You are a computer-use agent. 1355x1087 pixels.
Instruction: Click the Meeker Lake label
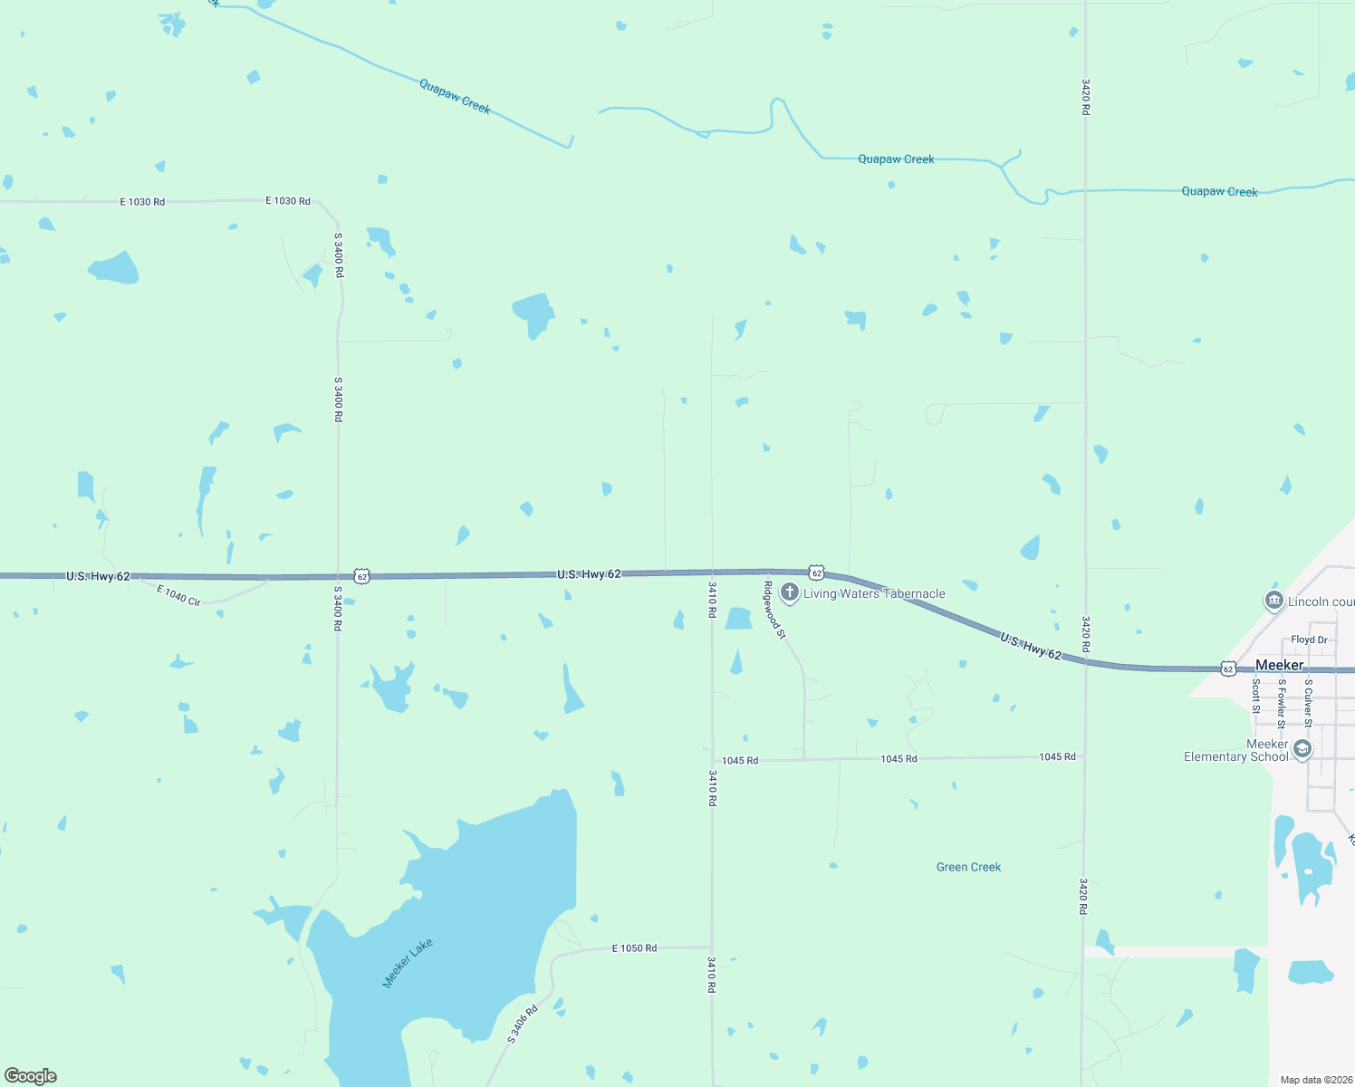(x=408, y=963)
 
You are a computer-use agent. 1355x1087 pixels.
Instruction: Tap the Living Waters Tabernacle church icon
(x=789, y=593)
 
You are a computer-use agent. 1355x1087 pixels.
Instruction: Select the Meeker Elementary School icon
(x=1302, y=749)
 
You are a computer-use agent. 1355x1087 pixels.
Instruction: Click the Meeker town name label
(x=1279, y=665)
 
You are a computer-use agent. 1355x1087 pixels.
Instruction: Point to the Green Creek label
(x=968, y=867)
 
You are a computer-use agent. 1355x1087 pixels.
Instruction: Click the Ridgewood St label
(x=774, y=611)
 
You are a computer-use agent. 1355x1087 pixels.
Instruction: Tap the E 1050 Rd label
(x=634, y=948)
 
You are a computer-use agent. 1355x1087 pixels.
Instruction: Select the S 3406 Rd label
(x=523, y=1024)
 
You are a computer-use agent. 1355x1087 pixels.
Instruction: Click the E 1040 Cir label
(x=178, y=595)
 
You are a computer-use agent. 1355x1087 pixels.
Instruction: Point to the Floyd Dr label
(x=1309, y=640)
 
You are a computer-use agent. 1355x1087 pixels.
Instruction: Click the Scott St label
(x=1256, y=696)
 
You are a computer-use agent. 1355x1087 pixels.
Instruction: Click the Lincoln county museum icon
(x=1273, y=601)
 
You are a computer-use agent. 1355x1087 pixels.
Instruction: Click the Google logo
(x=31, y=1076)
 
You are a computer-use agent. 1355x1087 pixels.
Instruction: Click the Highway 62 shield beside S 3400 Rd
(x=362, y=576)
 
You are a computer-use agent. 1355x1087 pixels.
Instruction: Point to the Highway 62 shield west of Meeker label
(x=1227, y=669)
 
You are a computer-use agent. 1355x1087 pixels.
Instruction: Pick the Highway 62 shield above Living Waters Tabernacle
(x=816, y=572)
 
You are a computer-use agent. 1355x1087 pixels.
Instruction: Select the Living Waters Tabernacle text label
(x=874, y=594)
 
